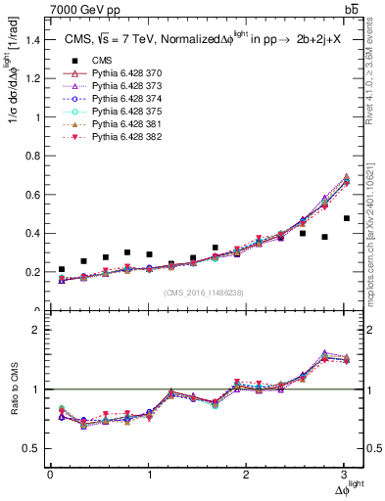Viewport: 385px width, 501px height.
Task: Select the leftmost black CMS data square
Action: [62, 269]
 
